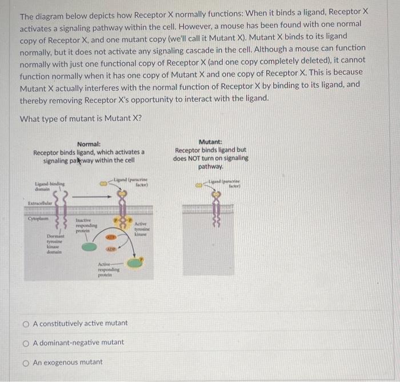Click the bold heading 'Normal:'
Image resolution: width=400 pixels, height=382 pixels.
pos(89,144)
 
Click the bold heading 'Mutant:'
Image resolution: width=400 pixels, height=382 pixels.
pos(210,141)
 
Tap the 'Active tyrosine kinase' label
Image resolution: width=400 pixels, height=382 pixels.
pos(141,229)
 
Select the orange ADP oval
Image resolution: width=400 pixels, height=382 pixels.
pos(113,250)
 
